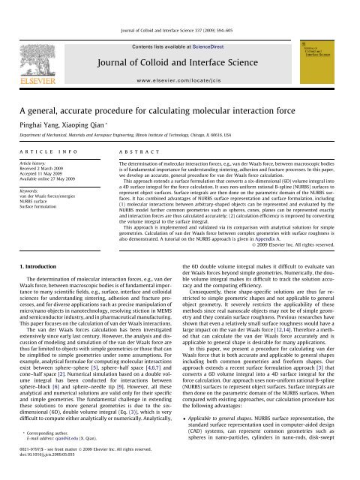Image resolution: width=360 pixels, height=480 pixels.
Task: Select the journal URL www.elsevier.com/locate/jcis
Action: click(x=180, y=57)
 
